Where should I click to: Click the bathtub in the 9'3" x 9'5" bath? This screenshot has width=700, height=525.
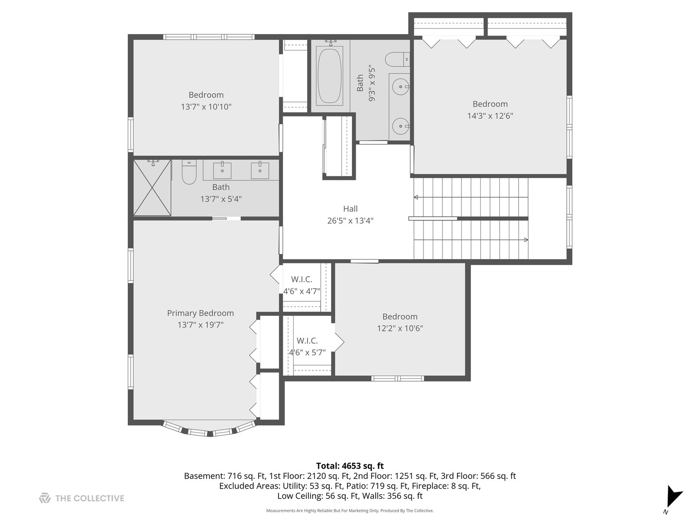[330, 75]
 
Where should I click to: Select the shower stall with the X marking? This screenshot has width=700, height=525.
[152, 188]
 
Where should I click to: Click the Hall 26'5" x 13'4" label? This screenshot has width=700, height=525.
[350, 214]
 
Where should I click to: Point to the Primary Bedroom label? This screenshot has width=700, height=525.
[200, 313]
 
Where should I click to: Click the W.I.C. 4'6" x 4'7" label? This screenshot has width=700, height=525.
[301, 285]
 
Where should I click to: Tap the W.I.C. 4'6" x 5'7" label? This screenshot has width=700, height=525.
[307, 347]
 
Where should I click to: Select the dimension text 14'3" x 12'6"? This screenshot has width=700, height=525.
[490, 116]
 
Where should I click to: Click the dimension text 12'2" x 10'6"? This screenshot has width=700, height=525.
[400, 328]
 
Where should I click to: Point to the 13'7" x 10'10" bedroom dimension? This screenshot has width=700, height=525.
[206, 106]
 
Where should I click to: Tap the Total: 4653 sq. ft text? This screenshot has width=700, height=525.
[350, 466]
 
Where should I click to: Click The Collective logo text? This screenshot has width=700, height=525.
[89, 498]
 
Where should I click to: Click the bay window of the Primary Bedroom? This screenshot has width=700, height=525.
[209, 430]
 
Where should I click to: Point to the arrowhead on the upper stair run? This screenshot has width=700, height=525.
[416, 197]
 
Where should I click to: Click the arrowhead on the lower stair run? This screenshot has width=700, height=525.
[526, 240]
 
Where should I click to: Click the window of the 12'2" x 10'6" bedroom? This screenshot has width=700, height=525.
[398, 378]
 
